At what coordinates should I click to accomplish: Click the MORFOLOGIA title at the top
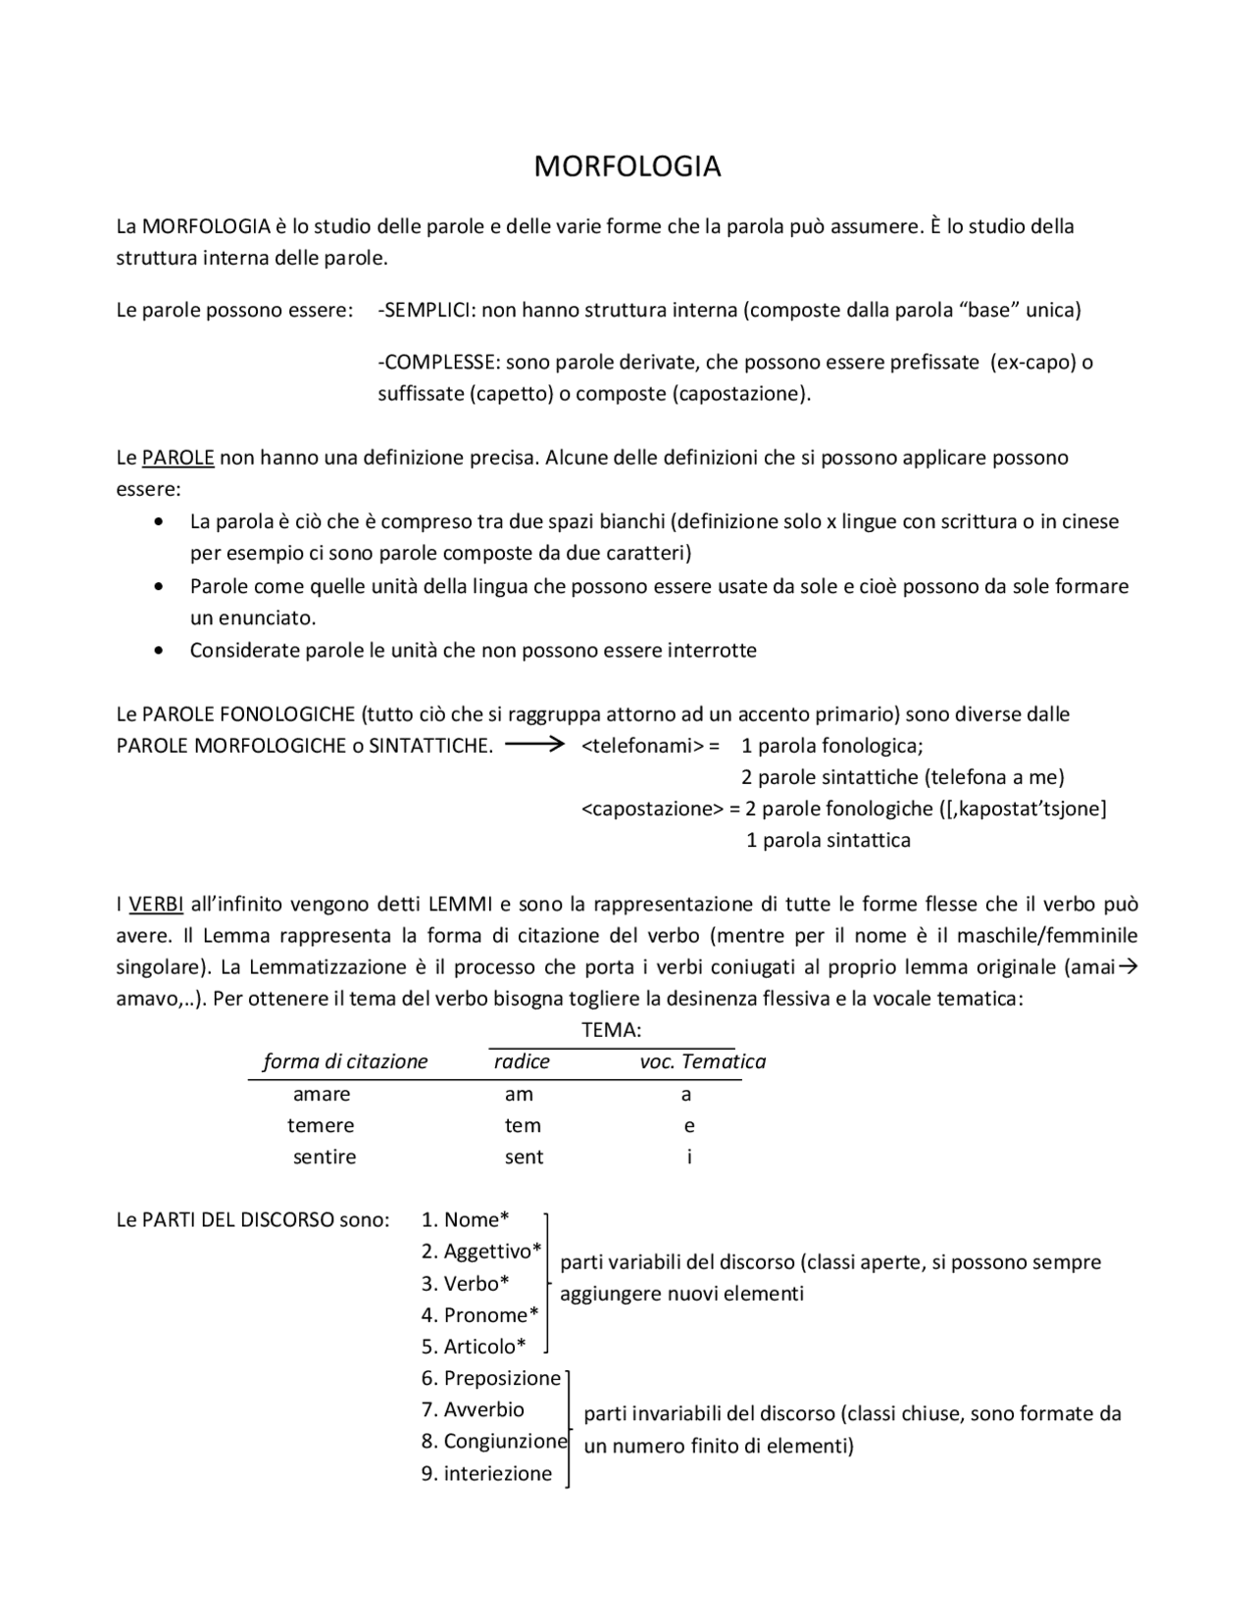(627, 167)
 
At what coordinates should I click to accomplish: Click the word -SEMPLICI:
(427, 311)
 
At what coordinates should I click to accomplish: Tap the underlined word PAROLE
(177, 458)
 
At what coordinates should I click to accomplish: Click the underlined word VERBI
(156, 904)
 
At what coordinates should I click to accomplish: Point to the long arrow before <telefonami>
(535, 745)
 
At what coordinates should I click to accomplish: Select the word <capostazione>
(652, 809)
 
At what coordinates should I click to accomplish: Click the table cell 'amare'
(322, 1094)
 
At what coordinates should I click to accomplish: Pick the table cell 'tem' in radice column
(523, 1125)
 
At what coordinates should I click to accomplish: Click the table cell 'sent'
(524, 1156)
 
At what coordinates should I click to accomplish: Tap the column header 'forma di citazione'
(345, 1061)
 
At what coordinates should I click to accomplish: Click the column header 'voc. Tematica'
(702, 1061)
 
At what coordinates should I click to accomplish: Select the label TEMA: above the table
(611, 1030)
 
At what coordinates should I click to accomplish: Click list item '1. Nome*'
(465, 1220)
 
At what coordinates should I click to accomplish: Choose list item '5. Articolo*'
(474, 1347)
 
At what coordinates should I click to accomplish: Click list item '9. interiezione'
(487, 1474)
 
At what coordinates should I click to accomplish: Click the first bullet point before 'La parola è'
(160, 522)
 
